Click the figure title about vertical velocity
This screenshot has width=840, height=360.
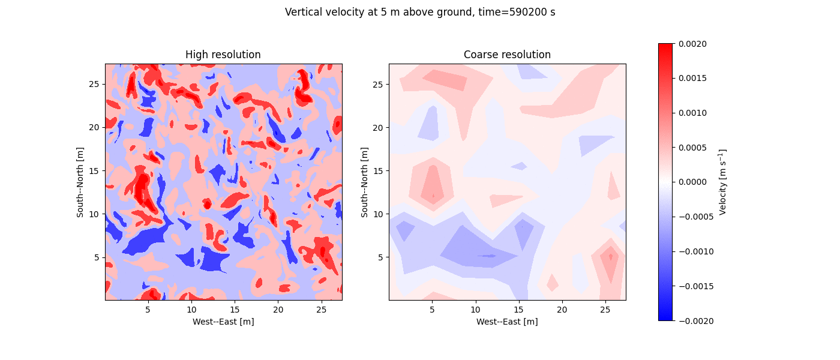(x=420, y=12)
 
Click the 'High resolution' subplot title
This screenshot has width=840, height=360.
(x=223, y=55)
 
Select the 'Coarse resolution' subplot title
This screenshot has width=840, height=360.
(x=507, y=55)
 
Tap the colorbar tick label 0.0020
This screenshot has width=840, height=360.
(x=693, y=44)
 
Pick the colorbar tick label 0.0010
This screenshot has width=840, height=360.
(x=693, y=113)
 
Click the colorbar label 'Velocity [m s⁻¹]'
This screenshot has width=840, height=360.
(x=723, y=182)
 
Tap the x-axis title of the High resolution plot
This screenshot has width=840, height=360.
(x=223, y=322)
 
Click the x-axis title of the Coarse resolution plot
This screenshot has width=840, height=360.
(x=507, y=322)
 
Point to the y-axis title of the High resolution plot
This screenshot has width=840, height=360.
(x=80, y=182)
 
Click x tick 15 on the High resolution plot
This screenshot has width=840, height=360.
(x=235, y=309)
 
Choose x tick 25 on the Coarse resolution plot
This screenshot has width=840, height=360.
(x=605, y=309)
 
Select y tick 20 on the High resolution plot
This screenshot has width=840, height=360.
(x=94, y=127)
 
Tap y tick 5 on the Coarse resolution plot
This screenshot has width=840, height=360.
(x=380, y=257)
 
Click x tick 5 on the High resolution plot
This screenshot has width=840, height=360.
(x=148, y=309)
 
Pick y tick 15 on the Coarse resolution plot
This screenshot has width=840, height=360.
(x=378, y=171)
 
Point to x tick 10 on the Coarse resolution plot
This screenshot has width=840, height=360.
(x=475, y=309)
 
